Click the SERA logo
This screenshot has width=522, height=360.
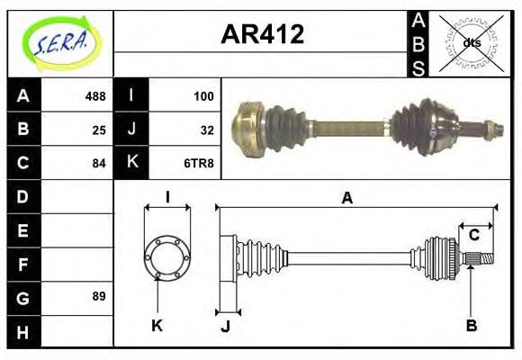(x=60, y=42)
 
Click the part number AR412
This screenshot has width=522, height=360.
(x=262, y=35)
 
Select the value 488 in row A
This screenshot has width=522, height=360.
(x=95, y=94)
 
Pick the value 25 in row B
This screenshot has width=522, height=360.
(x=99, y=129)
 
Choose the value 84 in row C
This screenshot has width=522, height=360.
(x=99, y=164)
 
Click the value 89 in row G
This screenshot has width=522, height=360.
(x=99, y=296)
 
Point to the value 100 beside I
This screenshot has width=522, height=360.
(x=203, y=94)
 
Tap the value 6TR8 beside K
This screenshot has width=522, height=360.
(x=200, y=164)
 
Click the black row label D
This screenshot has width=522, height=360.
(x=23, y=195)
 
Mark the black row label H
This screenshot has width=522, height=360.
(x=23, y=331)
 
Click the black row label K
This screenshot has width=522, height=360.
(x=131, y=163)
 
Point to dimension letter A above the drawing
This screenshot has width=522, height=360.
(x=346, y=199)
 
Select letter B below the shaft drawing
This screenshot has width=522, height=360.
(x=471, y=326)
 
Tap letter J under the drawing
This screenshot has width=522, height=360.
(x=225, y=326)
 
